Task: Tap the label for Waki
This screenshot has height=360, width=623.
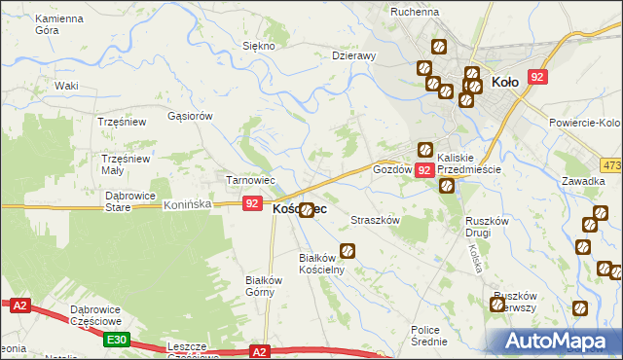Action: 66,86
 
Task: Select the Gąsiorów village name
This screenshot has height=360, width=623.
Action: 190,115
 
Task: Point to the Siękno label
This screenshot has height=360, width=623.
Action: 259,46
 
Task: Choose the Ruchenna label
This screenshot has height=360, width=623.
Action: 415,12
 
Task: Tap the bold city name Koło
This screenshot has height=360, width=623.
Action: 510,83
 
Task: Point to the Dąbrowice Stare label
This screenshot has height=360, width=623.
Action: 131,200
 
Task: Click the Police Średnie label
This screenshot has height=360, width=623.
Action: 428,336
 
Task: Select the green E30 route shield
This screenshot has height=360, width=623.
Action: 117,339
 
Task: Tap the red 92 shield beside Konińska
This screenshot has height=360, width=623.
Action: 252,203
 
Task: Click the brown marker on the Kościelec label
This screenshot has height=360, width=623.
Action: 307,209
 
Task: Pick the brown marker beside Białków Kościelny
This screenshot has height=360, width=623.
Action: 347,251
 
